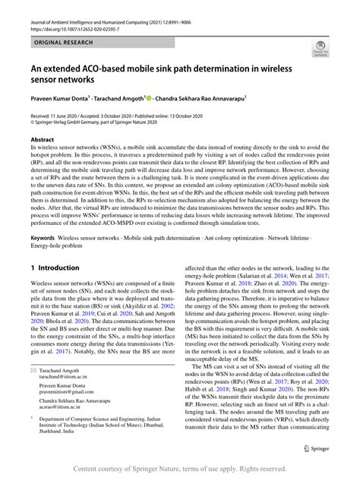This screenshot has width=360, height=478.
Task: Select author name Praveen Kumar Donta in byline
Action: pyautogui.click(x=58, y=99)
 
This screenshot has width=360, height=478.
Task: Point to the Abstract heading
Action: pyautogui.click(x=42, y=140)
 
